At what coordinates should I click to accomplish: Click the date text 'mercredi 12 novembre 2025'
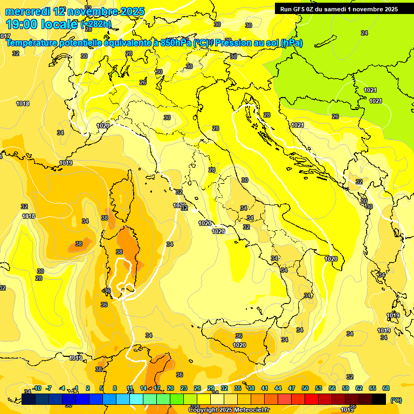click(x=75, y=11)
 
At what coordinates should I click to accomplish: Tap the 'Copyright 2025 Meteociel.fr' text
click(x=229, y=410)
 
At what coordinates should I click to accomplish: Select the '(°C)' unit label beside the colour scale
click(x=396, y=400)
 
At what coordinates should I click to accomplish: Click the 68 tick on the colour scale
click(x=386, y=388)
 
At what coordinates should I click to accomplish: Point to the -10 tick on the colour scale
click(x=37, y=388)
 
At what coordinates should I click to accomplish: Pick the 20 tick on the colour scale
click(x=170, y=388)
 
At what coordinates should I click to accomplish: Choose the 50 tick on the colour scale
click(x=305, y=388)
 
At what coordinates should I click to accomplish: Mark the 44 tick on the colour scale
click(x=278, y=388)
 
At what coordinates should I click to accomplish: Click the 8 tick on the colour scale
click(x=115, y=388)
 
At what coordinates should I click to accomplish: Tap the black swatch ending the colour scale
click(x=379, y=399)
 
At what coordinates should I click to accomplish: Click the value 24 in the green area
click(x=364, y=33)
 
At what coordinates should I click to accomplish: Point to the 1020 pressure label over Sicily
click(x=239, y=345)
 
